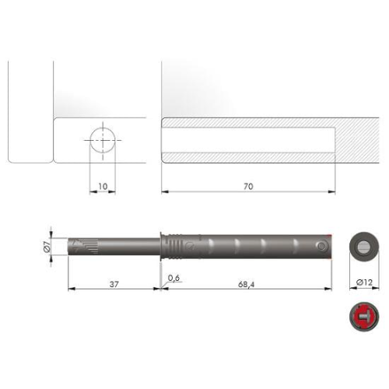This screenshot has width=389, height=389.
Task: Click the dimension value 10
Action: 103,187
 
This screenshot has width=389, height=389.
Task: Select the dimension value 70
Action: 248,187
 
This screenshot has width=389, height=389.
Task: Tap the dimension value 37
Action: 114,285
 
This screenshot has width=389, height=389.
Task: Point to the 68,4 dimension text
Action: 246,285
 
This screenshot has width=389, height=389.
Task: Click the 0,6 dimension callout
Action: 173,278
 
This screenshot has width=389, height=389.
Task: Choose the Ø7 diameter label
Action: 47,247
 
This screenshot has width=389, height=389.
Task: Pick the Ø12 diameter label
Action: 364,282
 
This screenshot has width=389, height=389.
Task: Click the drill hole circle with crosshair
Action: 103,140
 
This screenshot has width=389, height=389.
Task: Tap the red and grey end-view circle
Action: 364,317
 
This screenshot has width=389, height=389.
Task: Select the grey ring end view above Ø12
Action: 364,247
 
